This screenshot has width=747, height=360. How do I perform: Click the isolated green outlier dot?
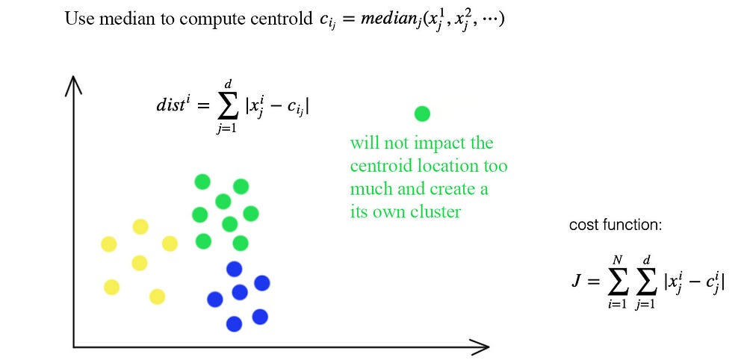[422, 114]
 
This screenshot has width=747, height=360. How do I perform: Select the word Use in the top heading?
[77, 19]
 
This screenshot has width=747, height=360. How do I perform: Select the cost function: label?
[616, 225]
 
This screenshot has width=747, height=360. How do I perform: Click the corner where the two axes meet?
[73, 347]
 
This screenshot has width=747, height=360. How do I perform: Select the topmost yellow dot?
[140, 226]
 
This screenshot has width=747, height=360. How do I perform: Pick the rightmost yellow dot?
[170, 243]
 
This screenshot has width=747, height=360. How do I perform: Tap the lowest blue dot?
[234, 324]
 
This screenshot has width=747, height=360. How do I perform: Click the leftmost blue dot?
[215, 300]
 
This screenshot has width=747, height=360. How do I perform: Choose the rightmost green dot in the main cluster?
[250, 214]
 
